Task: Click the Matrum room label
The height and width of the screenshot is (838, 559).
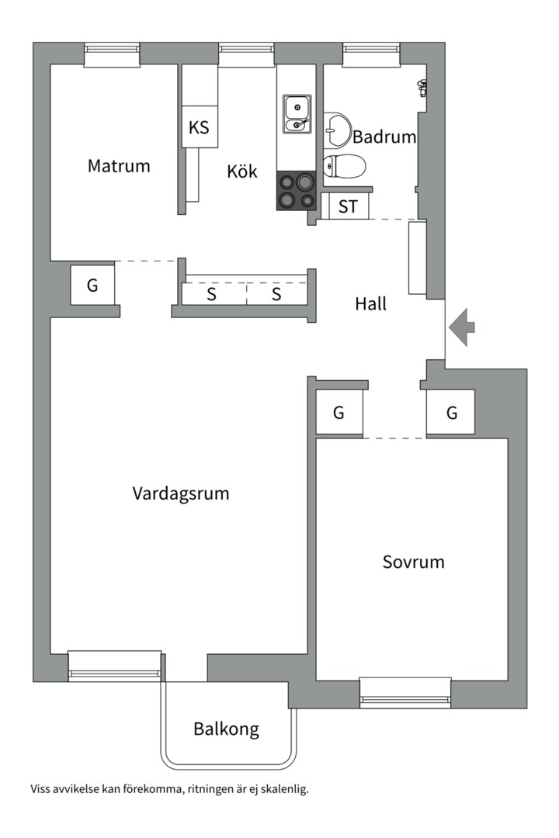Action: coord(119,165)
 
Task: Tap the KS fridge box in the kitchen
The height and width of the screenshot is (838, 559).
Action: coord(200,127)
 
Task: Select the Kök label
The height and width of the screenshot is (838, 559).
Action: coord(242,171)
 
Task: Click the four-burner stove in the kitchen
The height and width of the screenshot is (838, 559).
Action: coord(297,191)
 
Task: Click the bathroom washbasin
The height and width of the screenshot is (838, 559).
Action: coord(337,129)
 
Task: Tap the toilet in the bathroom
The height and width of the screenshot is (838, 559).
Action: coord(344,166)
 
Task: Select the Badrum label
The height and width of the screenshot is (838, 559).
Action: coord(384,137)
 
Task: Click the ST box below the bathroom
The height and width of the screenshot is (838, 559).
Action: coord(348,207)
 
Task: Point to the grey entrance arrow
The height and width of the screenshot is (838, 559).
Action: coord(462,327)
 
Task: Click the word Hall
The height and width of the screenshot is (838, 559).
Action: coord(371,304)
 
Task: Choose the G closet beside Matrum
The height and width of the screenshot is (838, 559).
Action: coord(92,285)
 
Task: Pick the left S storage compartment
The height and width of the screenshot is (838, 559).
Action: coord(211,294)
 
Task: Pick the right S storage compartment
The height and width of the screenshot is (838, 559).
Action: coord(276,294)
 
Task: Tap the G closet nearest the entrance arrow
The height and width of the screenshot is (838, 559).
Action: coord(451,413)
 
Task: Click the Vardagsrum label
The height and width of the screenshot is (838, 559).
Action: coord(181,493)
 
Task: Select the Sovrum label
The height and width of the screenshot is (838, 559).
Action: coord(414,562)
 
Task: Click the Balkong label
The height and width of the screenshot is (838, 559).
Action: coord(226,729)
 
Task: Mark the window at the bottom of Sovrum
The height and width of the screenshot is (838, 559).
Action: coord(405,693)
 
